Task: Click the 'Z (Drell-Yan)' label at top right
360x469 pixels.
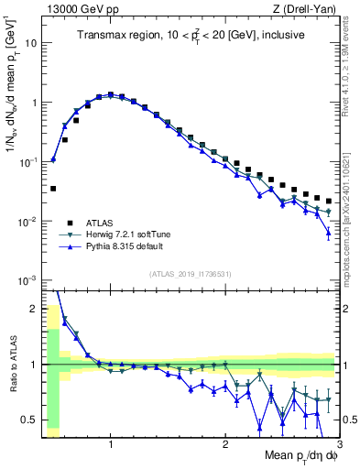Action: click(x=307, y=9)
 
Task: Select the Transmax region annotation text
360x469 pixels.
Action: click(x=191, y=36)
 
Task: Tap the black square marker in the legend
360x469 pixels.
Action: click(x=70, y=222)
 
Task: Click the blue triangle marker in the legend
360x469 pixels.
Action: click(x=70, y=247)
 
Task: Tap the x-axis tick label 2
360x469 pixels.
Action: click(x=225, y=443)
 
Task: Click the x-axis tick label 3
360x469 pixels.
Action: click(x=338, y=443)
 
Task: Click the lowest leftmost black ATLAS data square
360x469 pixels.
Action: click(x=53, y=189)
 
